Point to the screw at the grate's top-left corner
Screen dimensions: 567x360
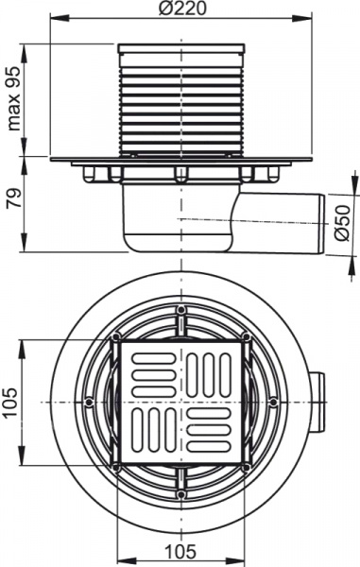click(116, 337)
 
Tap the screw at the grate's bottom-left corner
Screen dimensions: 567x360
click(115, 467)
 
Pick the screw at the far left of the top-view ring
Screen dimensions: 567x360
click(88, 402)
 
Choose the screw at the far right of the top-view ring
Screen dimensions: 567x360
click(273, 402)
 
